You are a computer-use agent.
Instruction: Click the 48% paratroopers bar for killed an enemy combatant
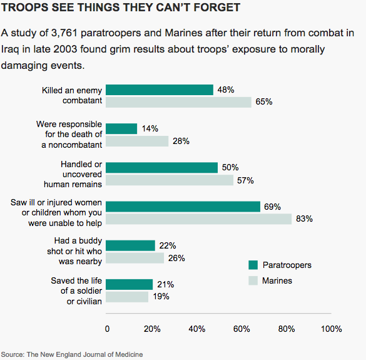pyautogui.click(x=160, y=90)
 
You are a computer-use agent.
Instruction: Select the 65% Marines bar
pyautogui.click(x=178, y=102)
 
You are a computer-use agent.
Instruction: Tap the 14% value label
pyautogui.click(x=150, y=128)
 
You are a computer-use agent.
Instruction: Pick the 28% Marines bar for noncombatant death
pyautogui.click(x=137, y=141)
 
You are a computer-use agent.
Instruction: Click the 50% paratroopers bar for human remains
pyautogui.click(x=161, y=168)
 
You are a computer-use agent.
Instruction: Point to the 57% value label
pyautogui.click(x=245, y=180)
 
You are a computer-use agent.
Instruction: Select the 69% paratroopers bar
pyautogui.click(x=183, y=207)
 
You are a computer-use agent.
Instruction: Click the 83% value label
pyautogui.click(x=304, y=219)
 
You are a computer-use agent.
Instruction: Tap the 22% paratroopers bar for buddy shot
pyautogui.click(x=130, y=245)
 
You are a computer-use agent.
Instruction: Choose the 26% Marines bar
pyautogui.click(x=135, y=258)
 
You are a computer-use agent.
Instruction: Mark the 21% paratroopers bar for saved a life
pyautogui.click(x=129, y=284)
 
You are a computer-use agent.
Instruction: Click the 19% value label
pyautogui.click(x=161, y=297)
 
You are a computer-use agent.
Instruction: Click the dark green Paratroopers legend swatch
pyautogui.click(x=253, y=265)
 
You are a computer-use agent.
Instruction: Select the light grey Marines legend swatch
pyautogui.click(x=253, y=280)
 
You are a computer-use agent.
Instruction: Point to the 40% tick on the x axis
pyautogui.click(x=197, y=329)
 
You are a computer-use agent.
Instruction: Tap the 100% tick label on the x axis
pyautogui.click(x=331, y=329)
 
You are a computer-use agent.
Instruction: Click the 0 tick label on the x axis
pyautogui.click(x=107, y=329)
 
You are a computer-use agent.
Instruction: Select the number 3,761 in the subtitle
pyautogui.click(x=64, y=33)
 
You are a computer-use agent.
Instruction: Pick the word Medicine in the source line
pyautogui.click(x=129, y=354)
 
